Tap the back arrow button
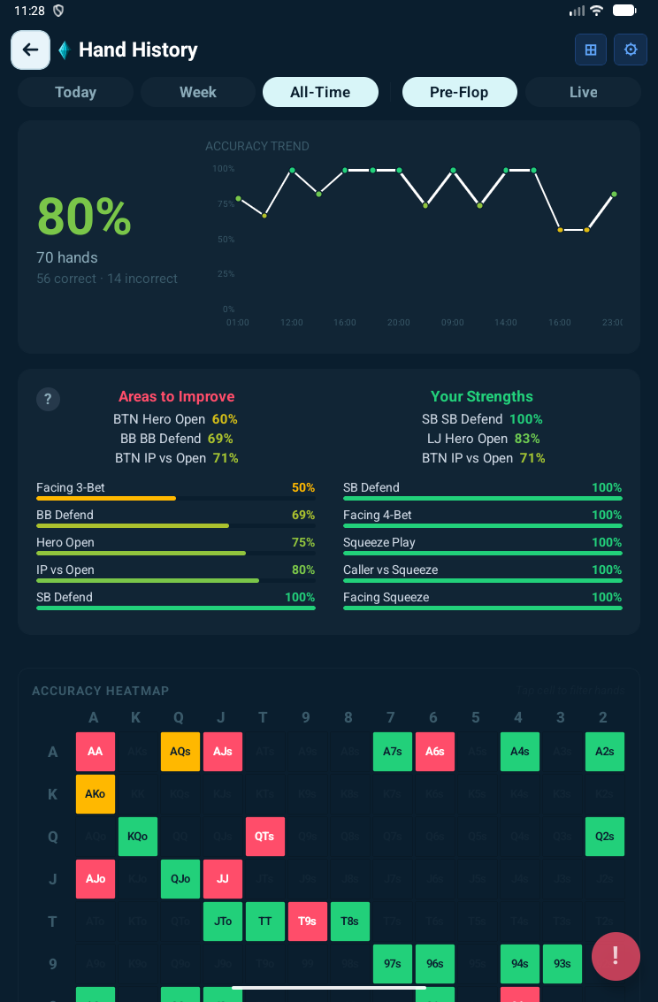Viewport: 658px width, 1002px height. tap(30, 50)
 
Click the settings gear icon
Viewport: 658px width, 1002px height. tap(631, 50)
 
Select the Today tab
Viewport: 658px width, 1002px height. tap(75, 92)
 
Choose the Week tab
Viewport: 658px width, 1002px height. tap(197, 92)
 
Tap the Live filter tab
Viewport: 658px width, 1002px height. tap(583, 92)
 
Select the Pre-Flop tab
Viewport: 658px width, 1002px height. tap(459, 92)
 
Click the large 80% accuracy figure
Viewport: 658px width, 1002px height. tap(84, 217)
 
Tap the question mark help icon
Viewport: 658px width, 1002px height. tap(48, 399)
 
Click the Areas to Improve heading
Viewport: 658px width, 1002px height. tap(177, 396)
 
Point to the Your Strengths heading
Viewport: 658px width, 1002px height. tap(482, 396)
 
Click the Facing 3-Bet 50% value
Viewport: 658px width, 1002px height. tap(303, 487)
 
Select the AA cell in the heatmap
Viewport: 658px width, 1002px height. tap(96, 752)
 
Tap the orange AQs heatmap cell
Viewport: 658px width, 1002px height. tap(180, 752)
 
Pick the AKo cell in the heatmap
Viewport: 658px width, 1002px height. tap(96, 794)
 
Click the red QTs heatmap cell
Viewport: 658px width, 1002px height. tap(265, 837)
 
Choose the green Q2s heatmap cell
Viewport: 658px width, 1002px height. tap(605, 837)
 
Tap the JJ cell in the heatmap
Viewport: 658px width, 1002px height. tap(223, 879)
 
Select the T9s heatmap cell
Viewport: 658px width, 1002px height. tap(308, 922)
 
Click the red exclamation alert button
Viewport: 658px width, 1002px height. tap(616, 956)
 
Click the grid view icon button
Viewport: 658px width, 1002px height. tap(591, 50)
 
